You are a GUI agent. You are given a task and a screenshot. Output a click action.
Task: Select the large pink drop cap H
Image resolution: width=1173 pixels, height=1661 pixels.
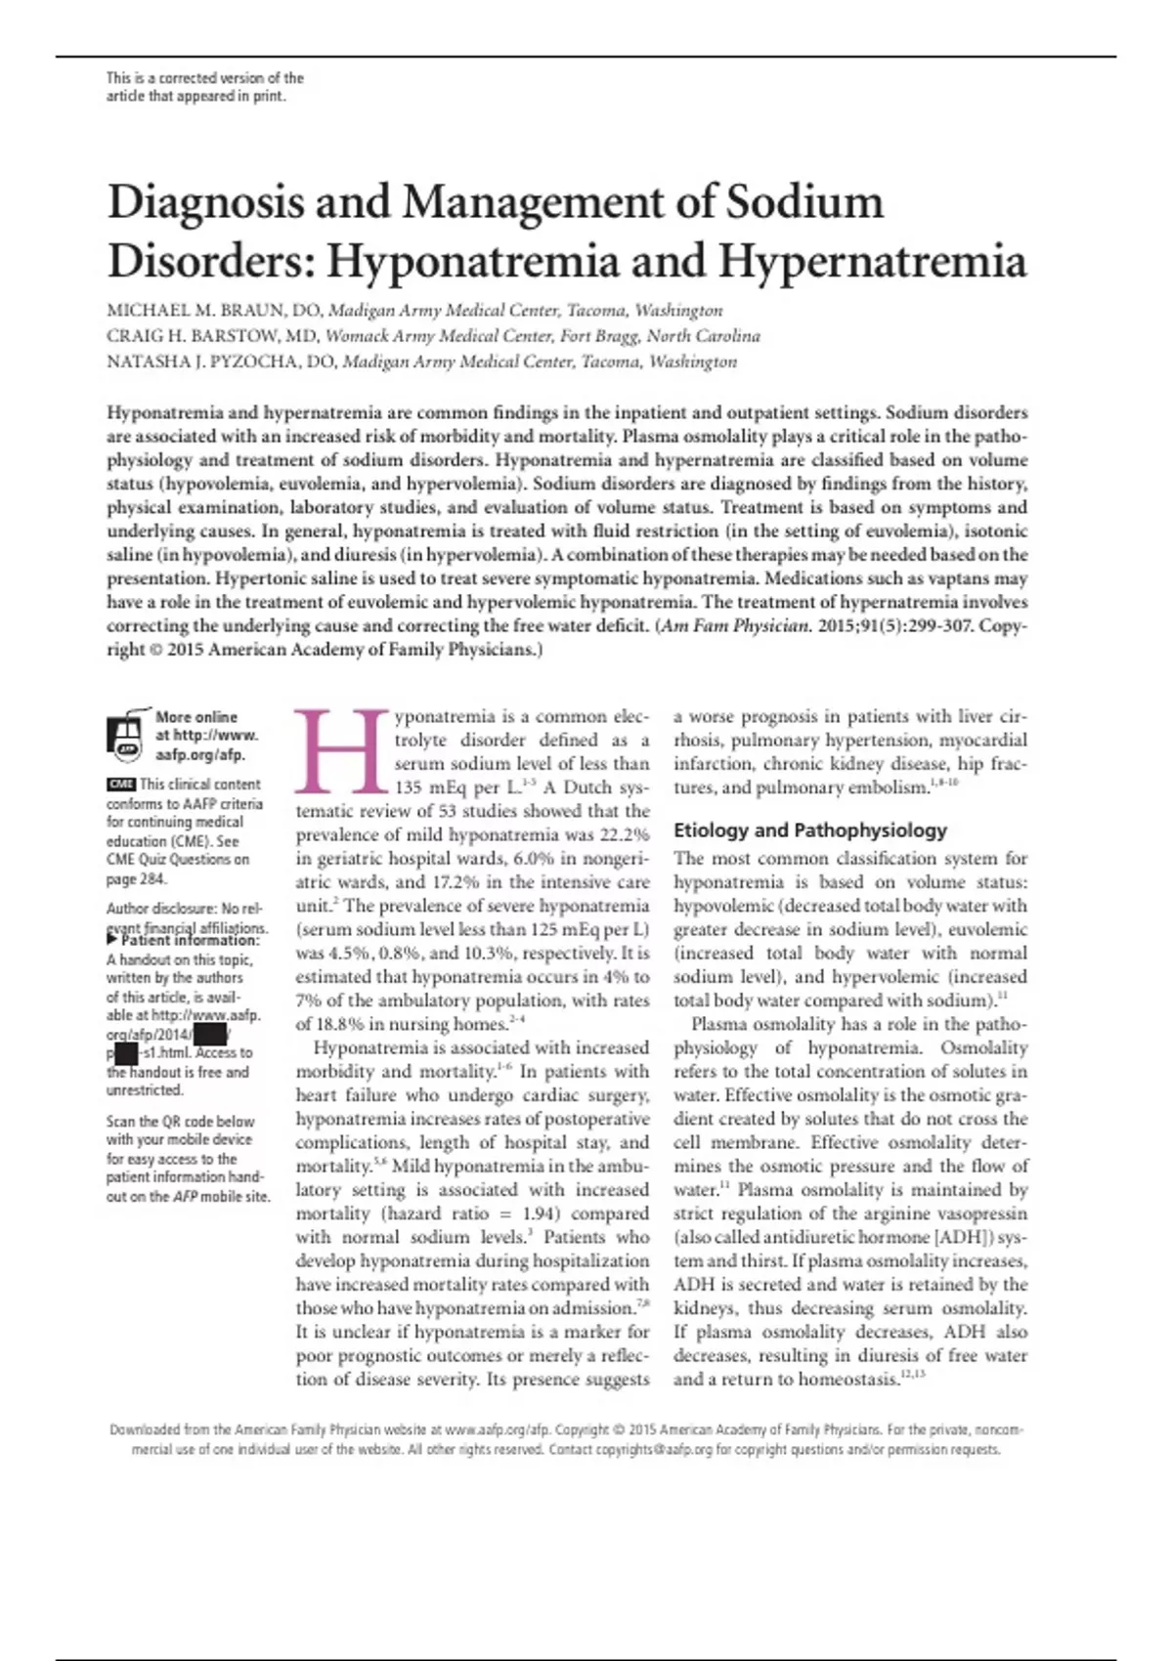[342, 750]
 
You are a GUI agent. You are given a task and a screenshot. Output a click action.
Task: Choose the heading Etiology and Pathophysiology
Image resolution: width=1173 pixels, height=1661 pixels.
[810, 830]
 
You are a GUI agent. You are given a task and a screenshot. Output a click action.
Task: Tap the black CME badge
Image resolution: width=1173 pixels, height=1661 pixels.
[121, 785]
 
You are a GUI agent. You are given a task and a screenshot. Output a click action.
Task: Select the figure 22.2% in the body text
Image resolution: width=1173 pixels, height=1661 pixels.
[620, 834]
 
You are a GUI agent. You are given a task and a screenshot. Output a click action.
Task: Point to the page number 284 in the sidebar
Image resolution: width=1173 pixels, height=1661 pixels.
[152, 878]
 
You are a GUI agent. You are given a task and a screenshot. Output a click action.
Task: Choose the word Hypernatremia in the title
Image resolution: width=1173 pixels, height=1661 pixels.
[873, 261]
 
